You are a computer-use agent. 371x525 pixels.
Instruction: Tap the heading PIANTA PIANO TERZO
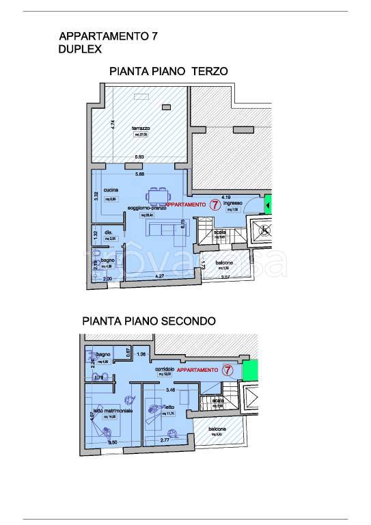[168, 71]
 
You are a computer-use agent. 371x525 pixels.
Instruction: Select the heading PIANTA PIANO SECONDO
[149, 320]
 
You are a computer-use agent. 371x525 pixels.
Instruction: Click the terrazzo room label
[141, 129]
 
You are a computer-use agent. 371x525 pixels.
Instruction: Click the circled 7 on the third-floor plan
[215, 204]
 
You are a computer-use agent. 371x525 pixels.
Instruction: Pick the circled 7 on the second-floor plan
[229, 371]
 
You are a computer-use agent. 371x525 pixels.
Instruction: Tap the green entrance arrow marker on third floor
[269, 204]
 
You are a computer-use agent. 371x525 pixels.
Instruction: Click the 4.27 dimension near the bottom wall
[159, 276]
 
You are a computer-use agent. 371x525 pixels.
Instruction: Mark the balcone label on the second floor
[218, 429]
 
